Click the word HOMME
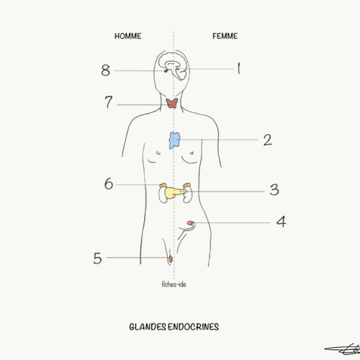pos(128,36)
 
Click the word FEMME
pos(225,36)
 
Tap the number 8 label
pos(106,71)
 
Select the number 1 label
pos(238,68)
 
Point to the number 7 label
pos(109,102)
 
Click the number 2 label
pos(268,140)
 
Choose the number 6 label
pos(109,184)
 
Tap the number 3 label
pos(274,189)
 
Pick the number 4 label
pos(282,222)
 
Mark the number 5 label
pos(97,258)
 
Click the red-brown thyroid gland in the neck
pos(172,103)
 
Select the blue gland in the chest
pos(174,140)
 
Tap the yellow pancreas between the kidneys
pos(174,193)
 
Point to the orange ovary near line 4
pos(190,223)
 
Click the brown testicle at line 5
pos(171,259)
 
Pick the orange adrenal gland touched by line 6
pos(163,185)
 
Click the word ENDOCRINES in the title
pos(193,327)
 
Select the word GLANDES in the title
pos(148,327)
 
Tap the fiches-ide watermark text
pos(174,284)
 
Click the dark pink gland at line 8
pos(166,71)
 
